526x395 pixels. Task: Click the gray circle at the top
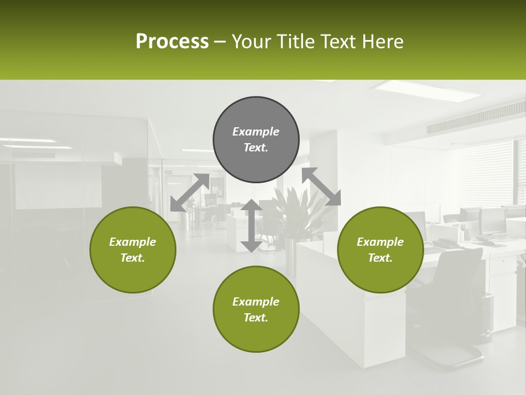coord(256,140)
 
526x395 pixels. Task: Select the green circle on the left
coord(133,250)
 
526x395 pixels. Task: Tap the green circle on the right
coord(380,250)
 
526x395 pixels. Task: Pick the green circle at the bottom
coord(256,309)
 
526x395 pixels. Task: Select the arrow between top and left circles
coord(190,193)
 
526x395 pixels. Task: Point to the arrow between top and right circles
coord(321,187)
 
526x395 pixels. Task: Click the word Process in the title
coord(172,42)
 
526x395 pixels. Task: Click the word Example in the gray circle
coord(256,132)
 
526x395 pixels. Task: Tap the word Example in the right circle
coord(380,242)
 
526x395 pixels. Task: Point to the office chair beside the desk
coord(455,296)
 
